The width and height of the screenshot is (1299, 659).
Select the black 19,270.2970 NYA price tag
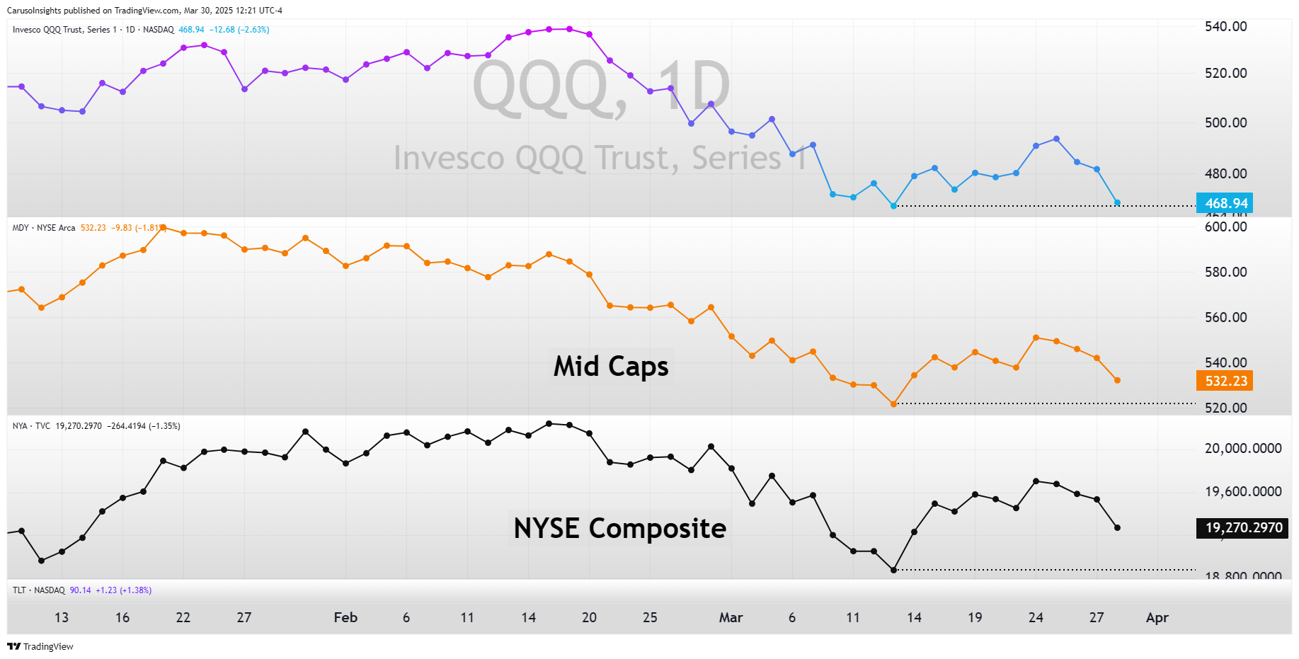tap(1242, 528)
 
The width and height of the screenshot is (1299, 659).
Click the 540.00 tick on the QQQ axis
tap(1225, 27)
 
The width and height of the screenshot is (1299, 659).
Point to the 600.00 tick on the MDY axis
tap(1225, 227)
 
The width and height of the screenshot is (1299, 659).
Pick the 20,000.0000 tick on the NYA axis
tap(1242, 449)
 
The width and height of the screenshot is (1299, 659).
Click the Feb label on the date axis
tap(345, 618)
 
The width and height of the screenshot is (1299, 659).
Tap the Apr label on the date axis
tap(1157, 618)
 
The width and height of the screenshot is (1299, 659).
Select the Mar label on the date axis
tap(731, 618)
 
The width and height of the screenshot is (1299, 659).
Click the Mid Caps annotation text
tap(611, 367)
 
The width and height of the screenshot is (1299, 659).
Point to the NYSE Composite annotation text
tap(619, 529)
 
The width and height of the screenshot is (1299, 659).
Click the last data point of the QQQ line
tap(1117, 203)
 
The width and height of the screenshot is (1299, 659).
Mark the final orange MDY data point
tap(1117, 381)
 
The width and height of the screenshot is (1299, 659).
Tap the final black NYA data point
tap(1117, 528)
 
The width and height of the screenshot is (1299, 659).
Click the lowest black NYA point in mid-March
tap(893, 570)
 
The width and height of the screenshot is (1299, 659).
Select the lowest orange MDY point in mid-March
tap(893, 404)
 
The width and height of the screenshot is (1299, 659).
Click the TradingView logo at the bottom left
tap(40, 647)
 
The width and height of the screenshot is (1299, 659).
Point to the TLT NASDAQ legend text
tap(39, 590)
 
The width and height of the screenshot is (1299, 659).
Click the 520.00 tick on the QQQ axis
tap(1225, 74)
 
